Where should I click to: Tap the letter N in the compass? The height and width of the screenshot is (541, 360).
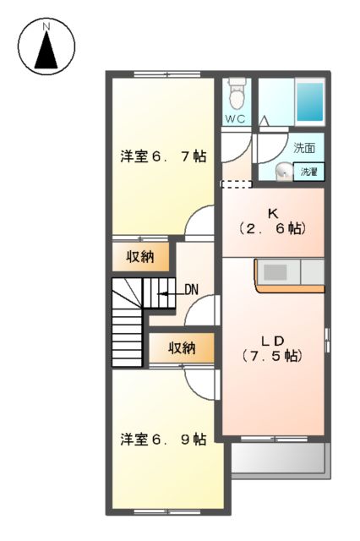46,26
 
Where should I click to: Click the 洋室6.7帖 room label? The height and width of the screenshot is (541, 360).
163,156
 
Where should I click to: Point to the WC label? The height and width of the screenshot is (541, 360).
235,119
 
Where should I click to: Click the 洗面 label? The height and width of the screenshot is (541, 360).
304,148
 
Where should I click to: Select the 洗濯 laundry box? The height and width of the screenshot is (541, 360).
310,172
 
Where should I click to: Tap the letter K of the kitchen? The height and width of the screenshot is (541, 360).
272,211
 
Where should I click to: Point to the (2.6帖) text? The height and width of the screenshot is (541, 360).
272,228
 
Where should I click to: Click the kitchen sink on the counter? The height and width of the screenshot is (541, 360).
275,272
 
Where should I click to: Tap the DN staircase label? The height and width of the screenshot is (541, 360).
191,290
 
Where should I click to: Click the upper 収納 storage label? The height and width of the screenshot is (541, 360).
141,258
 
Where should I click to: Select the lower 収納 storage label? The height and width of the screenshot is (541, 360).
181,347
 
